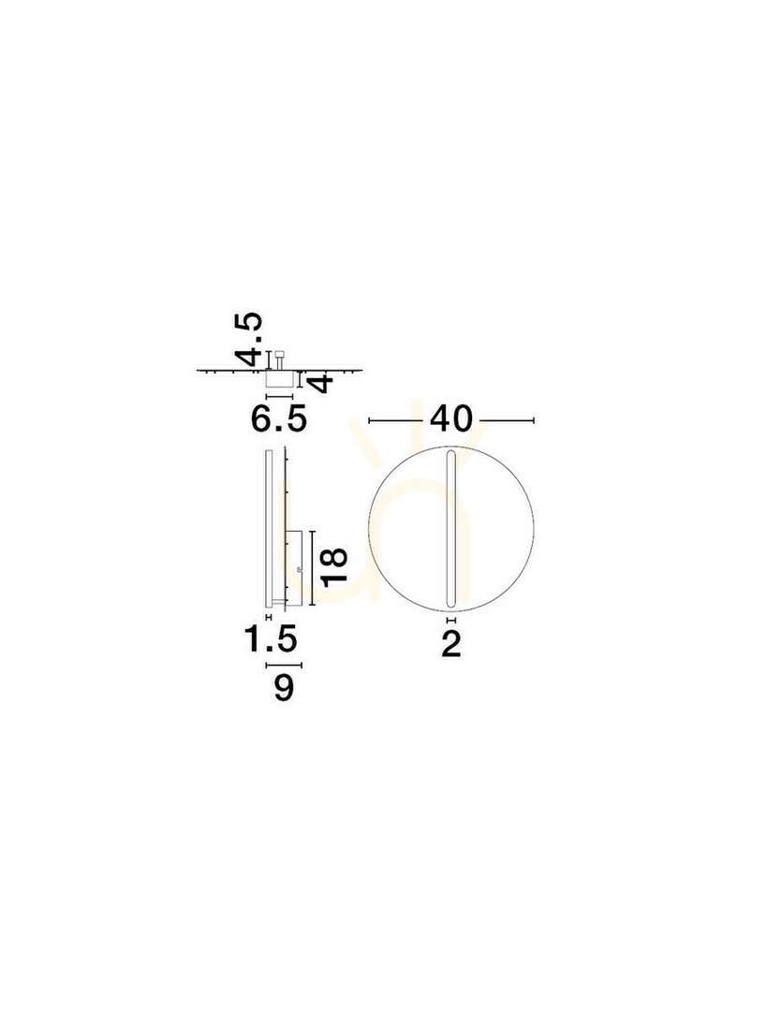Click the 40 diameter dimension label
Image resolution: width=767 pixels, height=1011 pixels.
coord(451,419)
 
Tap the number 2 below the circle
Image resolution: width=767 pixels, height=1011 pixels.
coord(451,644)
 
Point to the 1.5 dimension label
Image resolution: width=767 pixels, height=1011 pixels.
coord(271,639)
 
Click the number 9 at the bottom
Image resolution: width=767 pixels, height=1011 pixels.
coord(284,687)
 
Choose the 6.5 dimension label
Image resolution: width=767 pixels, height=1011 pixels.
coord(279,419)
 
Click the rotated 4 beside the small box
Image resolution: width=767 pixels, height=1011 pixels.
coord(322,383)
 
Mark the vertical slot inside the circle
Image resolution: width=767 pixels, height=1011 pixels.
coord(451,529)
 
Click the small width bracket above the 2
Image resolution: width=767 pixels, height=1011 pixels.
coord(451,620)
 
